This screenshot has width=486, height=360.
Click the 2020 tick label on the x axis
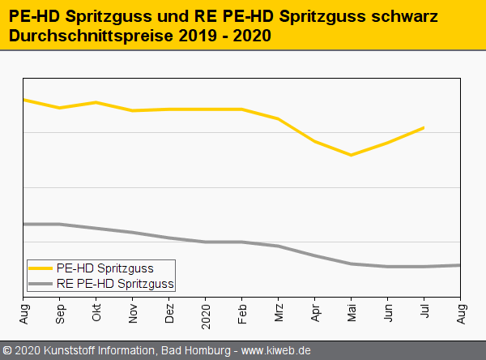(x=207, y=312)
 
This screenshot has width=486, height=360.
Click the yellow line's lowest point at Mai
(x=352, y=155)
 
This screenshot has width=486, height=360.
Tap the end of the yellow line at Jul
(x=424, y=127)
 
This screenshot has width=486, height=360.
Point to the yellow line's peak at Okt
(x=97, y=102)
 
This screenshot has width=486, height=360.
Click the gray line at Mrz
(x=279, y=246)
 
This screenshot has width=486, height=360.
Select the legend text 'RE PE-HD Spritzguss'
(x=116, y=284)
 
